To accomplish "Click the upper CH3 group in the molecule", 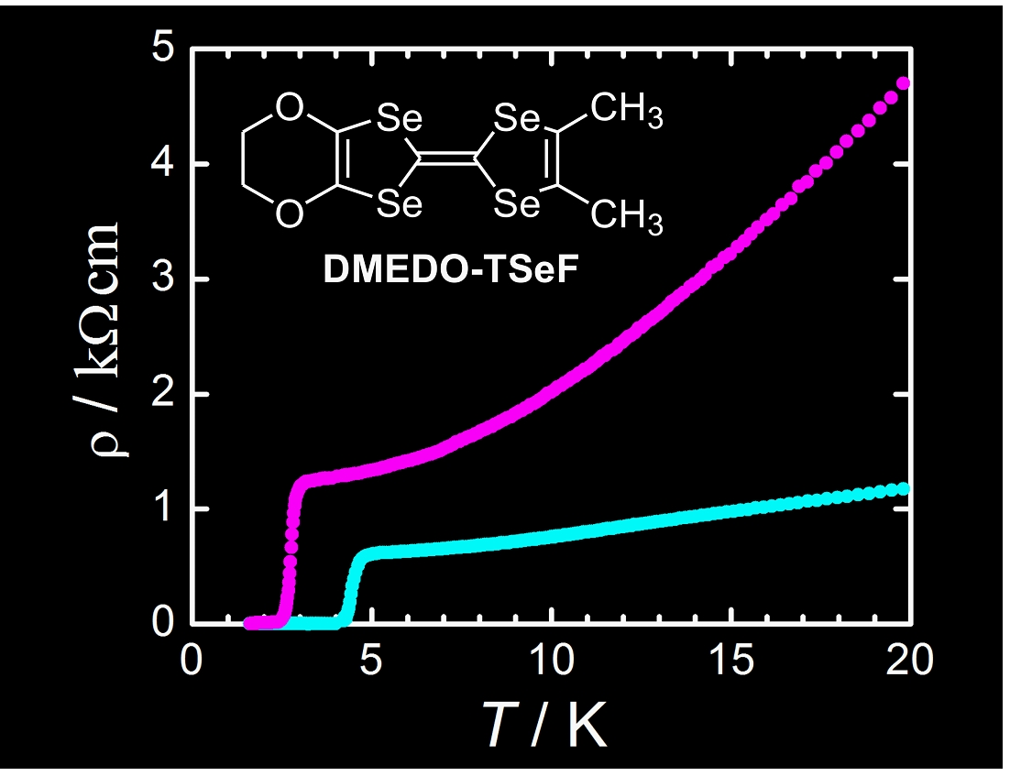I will pyautogui.click(x=627, y=116).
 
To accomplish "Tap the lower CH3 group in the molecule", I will pyautogui.click(x=627, y=216).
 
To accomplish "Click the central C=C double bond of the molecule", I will pyautogui.click(x=446, y=161).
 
